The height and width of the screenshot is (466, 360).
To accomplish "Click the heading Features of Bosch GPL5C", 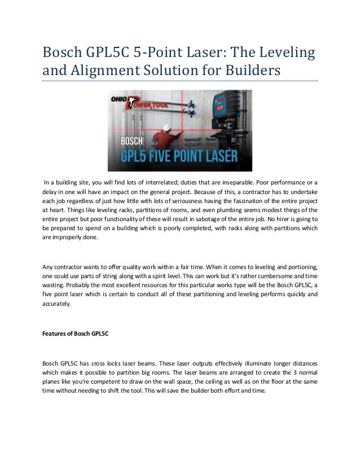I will coord(76,333).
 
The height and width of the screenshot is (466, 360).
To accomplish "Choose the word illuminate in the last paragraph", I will coord(234,363).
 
